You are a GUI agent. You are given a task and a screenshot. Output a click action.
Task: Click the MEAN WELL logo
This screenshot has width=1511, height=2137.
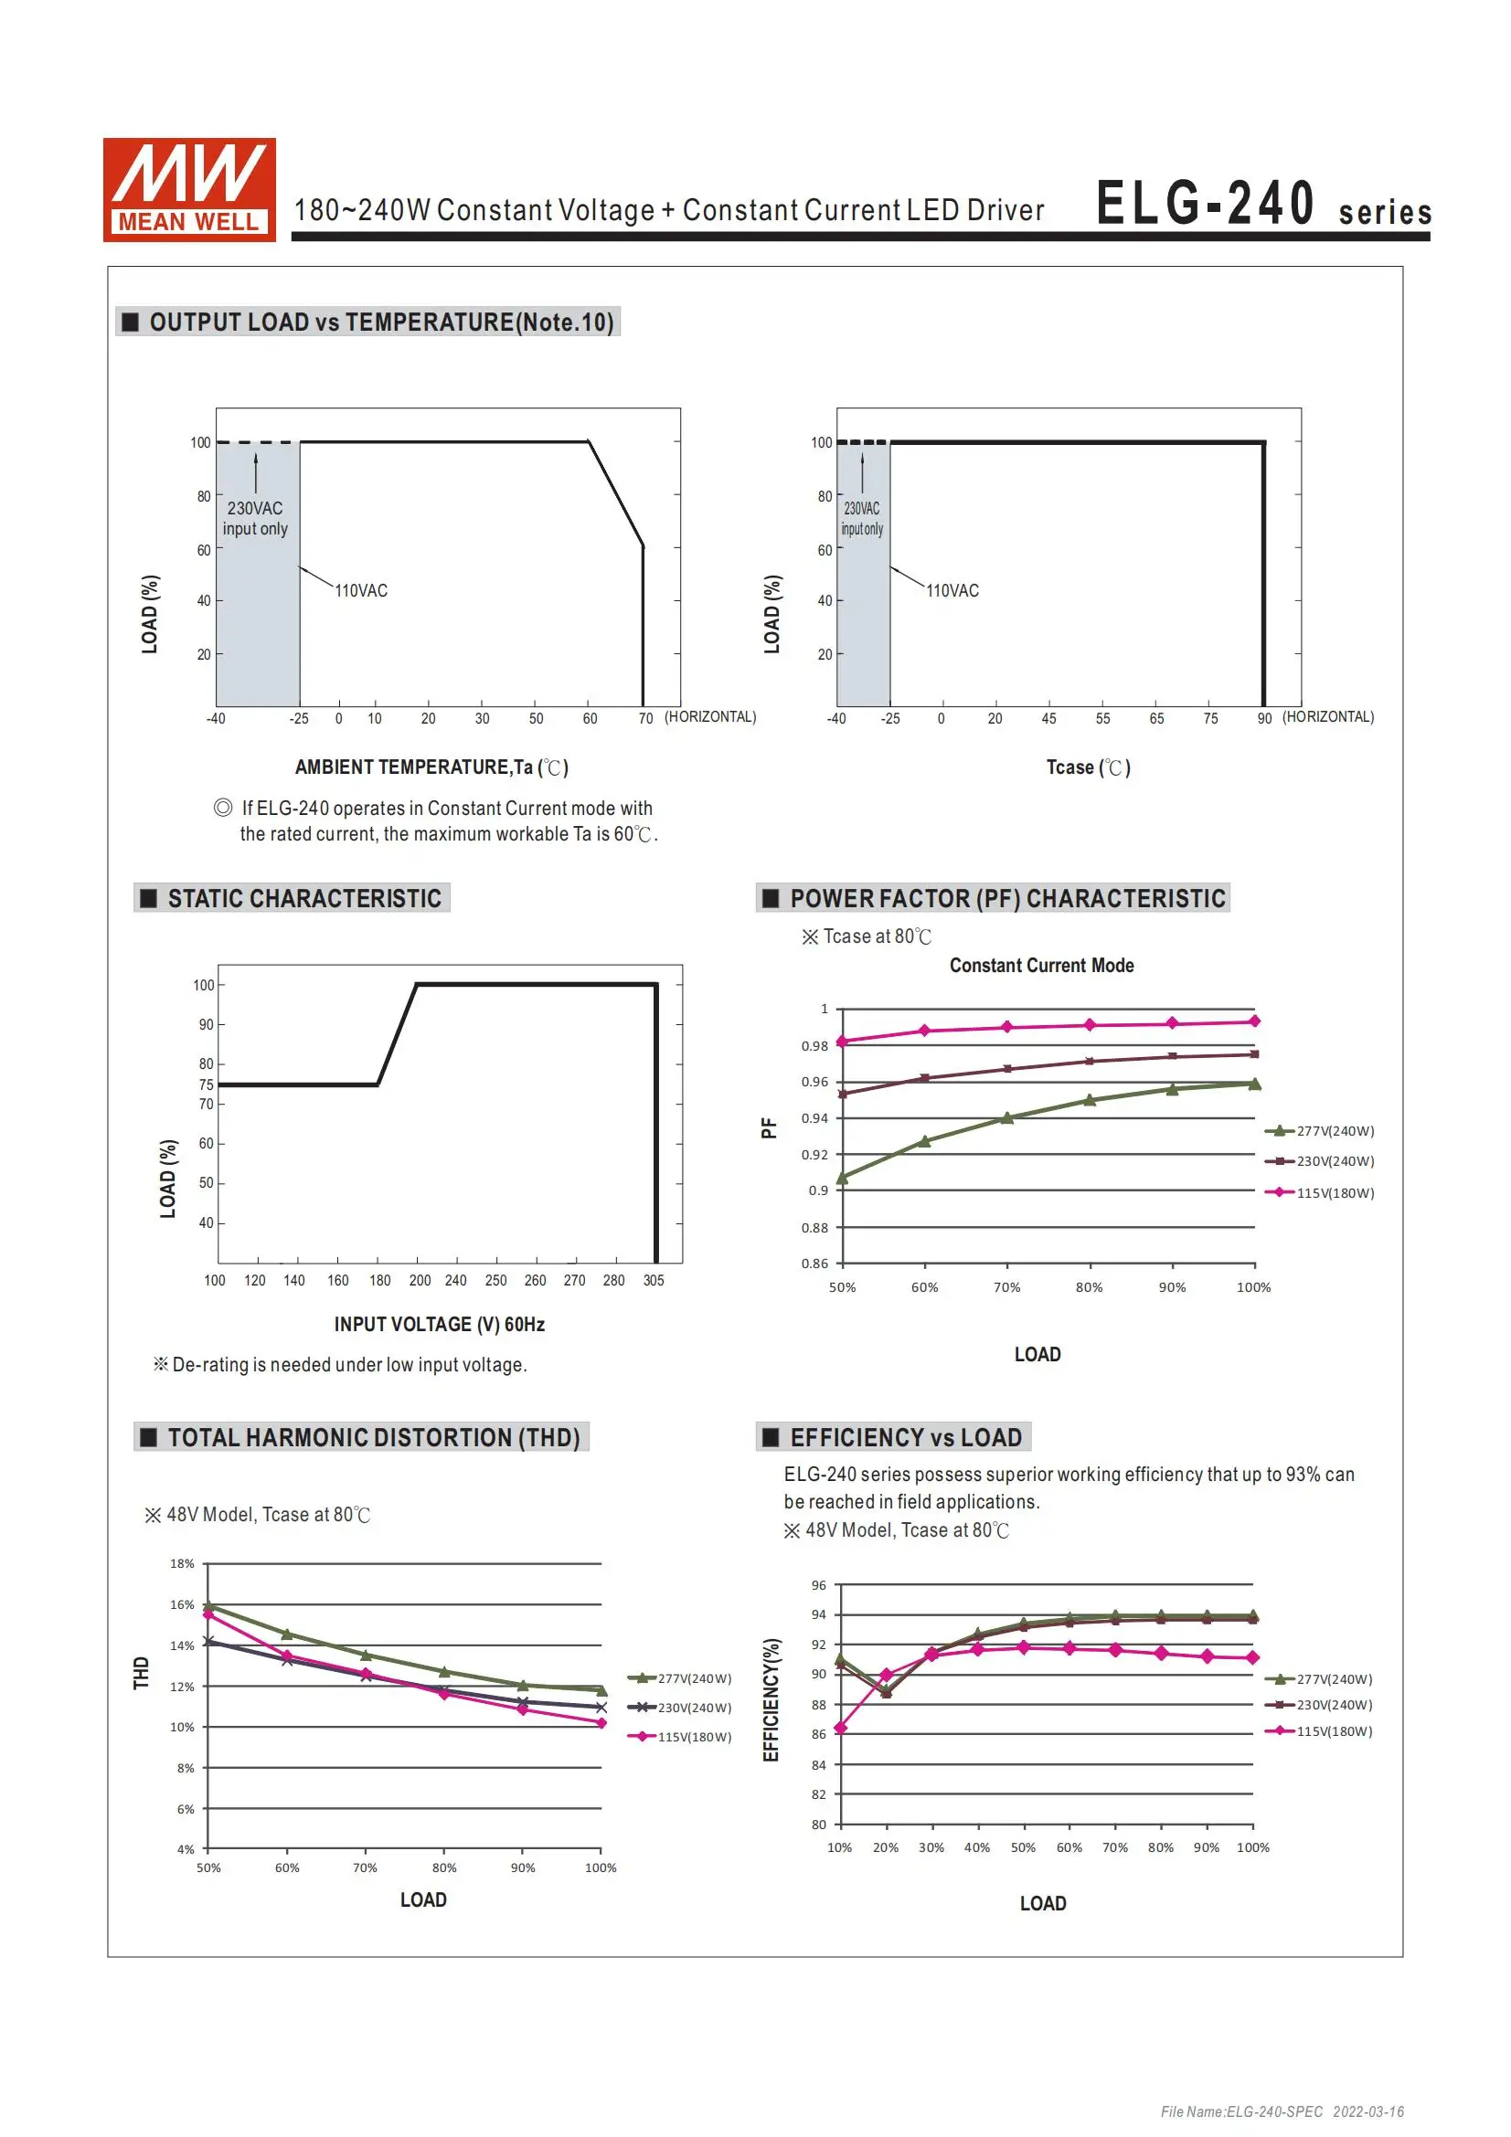(189, 190)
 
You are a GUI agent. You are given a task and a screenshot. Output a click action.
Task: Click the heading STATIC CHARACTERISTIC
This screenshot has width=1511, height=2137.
(303, 898)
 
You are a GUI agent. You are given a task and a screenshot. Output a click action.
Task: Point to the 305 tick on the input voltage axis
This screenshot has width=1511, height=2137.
(654, 1281)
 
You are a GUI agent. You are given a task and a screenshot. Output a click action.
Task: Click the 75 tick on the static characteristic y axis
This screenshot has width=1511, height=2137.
(206, 1084)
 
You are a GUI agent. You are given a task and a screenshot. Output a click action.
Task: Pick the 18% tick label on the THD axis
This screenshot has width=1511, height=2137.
(183, 1563)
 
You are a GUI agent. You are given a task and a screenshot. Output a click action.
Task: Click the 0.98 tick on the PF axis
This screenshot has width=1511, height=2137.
(814, 1046)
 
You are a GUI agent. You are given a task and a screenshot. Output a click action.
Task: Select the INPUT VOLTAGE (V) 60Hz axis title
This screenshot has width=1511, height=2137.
(440, 1325)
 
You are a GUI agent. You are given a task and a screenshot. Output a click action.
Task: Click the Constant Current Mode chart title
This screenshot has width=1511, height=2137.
(1041, 965)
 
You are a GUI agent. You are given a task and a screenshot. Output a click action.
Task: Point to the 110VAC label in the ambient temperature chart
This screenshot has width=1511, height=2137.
(361, 591)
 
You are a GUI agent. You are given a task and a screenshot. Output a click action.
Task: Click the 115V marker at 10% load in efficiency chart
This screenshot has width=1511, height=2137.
(841, 1729)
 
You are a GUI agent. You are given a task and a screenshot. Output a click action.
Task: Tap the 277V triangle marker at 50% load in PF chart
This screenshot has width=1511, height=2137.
(843, 1179)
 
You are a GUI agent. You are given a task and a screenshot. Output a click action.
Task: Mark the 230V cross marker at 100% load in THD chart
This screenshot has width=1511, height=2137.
(601, 1708)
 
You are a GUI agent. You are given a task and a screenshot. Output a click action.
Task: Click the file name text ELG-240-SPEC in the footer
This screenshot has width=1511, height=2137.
(1241, 2111)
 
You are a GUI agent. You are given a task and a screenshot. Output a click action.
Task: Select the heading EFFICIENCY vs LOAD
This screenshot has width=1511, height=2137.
(905, 1438)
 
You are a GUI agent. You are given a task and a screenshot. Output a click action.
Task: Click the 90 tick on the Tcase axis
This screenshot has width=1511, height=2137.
(1264, 718)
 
